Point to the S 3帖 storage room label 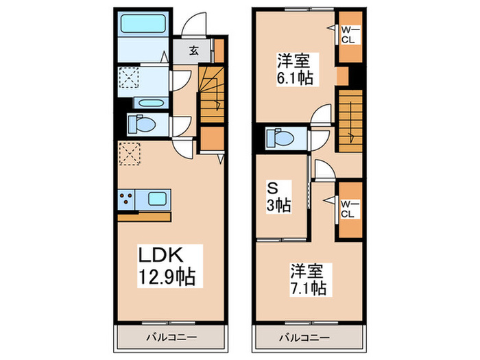click(280, 196)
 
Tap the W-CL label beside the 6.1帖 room click(348, 34)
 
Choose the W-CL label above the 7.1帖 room click(348, 206)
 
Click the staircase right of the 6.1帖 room click(348, 121)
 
